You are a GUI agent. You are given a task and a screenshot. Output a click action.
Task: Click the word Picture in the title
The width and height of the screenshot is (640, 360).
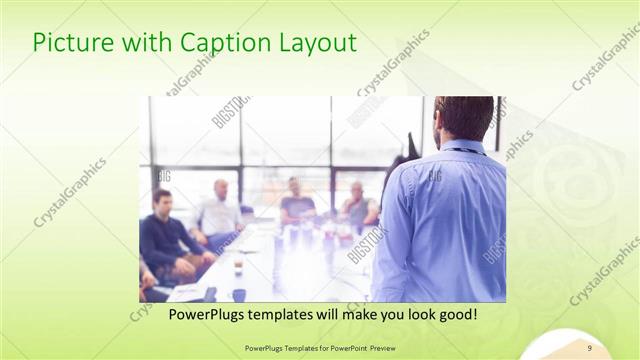click(x=67, y=43)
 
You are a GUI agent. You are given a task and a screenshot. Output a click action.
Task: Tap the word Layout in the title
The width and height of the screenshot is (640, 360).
click(x=319, y=43)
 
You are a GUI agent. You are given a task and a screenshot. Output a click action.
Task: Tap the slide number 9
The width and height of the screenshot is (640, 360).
click(x=590, y=348)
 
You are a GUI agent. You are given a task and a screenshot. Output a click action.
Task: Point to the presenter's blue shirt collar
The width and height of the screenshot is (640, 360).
click(x=463, y=147)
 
